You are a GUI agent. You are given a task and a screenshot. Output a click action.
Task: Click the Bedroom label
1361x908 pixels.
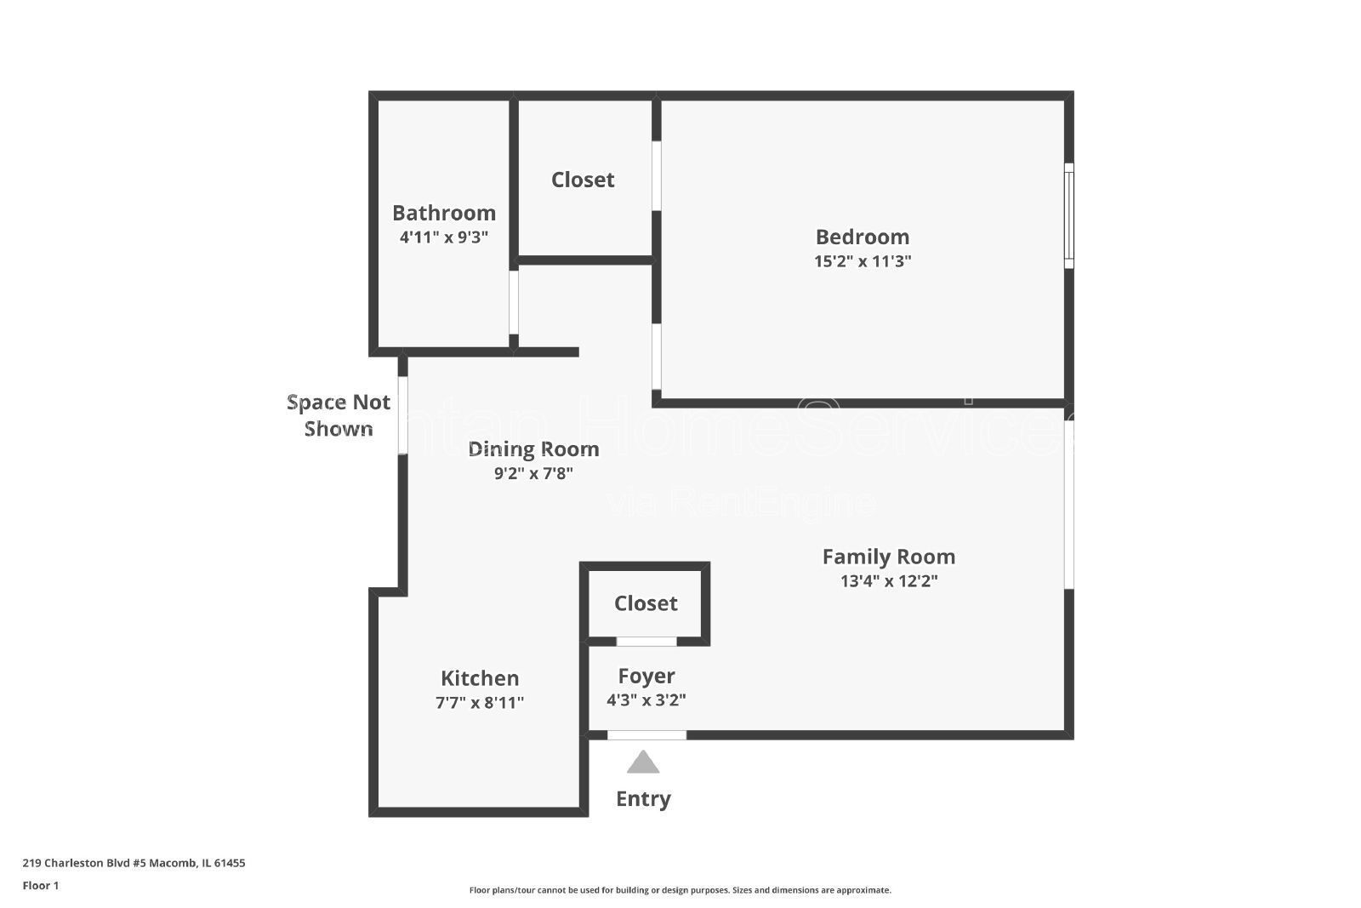(x=862, y=237)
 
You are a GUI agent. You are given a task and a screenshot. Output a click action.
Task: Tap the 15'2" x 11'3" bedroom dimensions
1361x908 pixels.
(x=862, y=261)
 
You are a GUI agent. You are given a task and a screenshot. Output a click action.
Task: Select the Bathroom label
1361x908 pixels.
(x=443, y=213)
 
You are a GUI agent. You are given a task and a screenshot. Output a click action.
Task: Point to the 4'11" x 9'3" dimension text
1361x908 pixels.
(x=443, y=237)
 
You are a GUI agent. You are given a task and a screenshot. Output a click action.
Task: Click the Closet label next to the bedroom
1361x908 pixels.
(x=583, y=180)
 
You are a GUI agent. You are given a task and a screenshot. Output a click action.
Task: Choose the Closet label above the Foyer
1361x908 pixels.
(x=646, y=603)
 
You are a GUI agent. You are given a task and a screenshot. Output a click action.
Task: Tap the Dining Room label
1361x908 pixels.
(x=533, y=448)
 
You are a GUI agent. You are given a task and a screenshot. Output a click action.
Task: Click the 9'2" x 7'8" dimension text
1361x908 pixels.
(x=533, y=473)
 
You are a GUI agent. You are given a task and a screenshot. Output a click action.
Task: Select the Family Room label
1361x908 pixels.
(x=888, y=557)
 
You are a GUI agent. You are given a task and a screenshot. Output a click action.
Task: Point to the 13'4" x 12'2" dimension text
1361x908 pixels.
(x=888, y=581)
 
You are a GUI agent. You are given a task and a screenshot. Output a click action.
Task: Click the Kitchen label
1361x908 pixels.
(x=479, y=678)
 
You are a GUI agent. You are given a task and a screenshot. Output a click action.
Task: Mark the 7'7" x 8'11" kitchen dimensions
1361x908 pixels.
(x=479, y=703)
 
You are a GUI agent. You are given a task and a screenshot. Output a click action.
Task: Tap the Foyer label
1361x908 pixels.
(x=646, y=676)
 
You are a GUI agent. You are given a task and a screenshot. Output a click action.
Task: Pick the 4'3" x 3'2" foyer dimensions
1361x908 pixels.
(x=646, y=700)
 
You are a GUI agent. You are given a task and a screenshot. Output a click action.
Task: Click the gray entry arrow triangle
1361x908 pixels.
(x=643, y=763)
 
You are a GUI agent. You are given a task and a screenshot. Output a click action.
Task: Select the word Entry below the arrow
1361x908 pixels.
(x=643, y=798)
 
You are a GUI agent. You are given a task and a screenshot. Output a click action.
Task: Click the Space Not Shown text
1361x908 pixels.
(x=339, y=415)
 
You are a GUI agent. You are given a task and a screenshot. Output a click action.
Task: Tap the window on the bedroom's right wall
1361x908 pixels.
(x=1069, y=215)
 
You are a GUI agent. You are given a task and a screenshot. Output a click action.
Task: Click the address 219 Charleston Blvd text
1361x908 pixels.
(x=134, y=863)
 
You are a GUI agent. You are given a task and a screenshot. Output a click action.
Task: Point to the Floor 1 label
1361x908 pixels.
(x=41, y=886)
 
